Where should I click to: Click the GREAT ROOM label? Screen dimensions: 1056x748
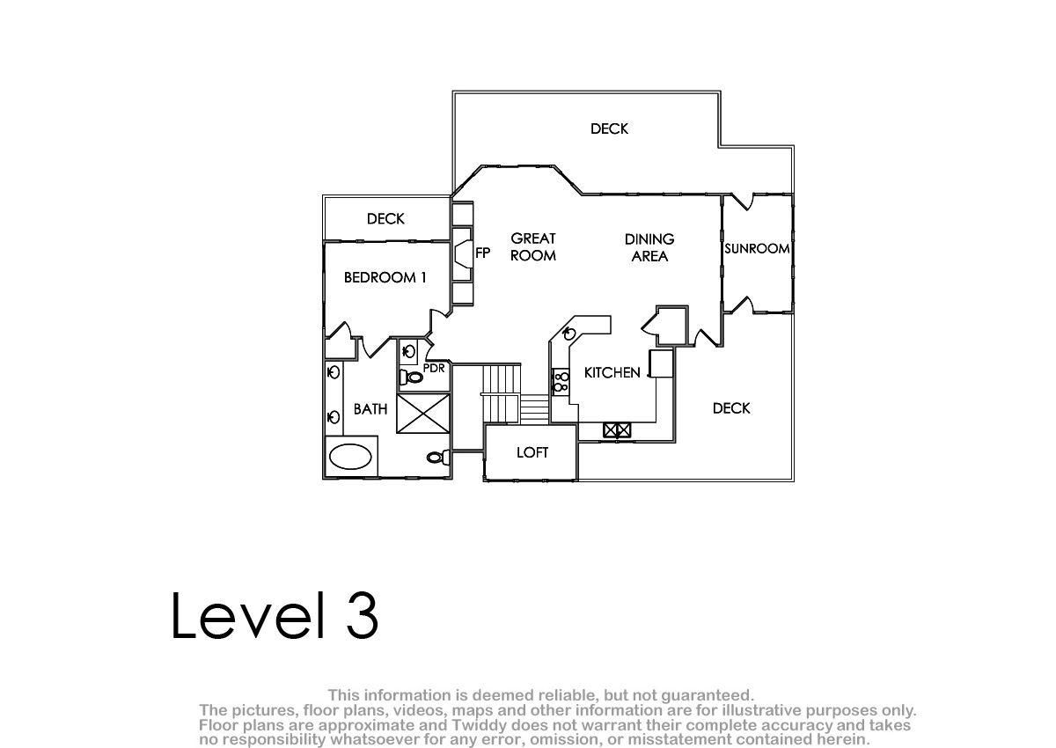point(533,247)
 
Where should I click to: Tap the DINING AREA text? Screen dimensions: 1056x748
point(649,248)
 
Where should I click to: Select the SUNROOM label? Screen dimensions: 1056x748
point(757,248)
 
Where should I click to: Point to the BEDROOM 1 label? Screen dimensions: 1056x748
point(385,277)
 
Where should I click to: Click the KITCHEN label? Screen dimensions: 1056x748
point(612,373)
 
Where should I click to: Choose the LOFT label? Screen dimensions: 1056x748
point(532,452)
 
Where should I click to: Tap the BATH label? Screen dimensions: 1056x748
point(370,409)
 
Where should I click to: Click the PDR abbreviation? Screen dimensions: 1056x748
point(434,368)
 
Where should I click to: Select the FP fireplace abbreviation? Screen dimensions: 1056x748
point(483,253)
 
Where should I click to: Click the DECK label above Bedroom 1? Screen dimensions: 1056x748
point(385,219)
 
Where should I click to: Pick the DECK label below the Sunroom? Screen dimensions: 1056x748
point(731,408)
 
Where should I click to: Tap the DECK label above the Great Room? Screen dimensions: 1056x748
point(609,128)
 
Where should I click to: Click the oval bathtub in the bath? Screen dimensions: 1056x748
point(350,456)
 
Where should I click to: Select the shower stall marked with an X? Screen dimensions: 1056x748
point(423,414)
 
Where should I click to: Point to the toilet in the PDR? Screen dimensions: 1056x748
point(411,377)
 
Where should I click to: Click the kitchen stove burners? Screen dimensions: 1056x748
point(561,382)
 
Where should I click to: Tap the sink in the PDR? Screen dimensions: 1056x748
point(408,351)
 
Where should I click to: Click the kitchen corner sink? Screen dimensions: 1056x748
point(569,334)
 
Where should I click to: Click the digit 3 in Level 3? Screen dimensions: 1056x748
point(363,615)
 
